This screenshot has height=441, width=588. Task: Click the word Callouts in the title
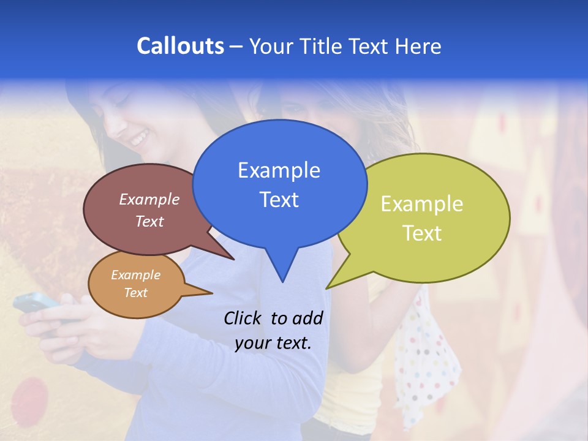(180, 46)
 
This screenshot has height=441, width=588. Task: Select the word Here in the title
(418, 46)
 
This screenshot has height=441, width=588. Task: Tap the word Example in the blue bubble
(279, 170)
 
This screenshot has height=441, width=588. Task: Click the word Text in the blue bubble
(279, 200)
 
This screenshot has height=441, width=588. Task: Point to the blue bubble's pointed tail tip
(282, 282)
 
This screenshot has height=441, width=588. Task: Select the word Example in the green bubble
(422, 204)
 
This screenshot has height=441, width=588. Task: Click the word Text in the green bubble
(422, 233)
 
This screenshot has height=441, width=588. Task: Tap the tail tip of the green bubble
(326, 288)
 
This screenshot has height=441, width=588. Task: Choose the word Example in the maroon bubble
(149, 200)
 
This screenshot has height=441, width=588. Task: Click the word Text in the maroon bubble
(149, 222)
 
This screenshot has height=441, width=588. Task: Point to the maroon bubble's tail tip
(234, 260)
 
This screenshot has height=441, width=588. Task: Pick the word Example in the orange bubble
(136, 275)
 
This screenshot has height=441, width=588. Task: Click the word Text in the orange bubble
(136, 293)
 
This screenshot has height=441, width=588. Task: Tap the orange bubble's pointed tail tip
(213, 293)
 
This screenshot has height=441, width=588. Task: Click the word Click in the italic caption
(244, 318)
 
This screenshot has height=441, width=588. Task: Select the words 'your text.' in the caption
(273, 343)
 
